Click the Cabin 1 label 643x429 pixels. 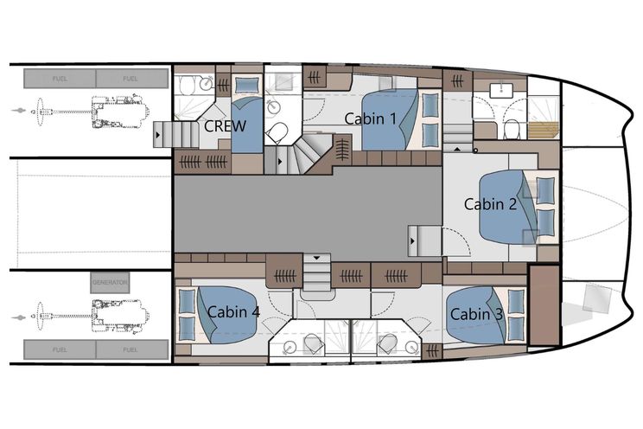click(x=370, y=118)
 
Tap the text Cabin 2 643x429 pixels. click(x=490, y=204)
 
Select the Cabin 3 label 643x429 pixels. click(x=476, y=315)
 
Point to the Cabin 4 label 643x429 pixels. click(x=233, y=312)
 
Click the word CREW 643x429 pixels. click(x=225, y=126)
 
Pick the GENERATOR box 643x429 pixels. click(x=110, y=283)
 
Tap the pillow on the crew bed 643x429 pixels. click(x=247, y=85)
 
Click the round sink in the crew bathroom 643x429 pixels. click(x=206, y=84)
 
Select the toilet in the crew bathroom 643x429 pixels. click(x=188, y=86)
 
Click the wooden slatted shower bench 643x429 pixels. click(x=544, y=130)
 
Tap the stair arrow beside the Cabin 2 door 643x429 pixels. click(x=412, y=241)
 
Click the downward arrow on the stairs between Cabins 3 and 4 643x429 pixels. click(x=316, y=259)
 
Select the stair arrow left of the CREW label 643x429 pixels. click(x=158, y=134)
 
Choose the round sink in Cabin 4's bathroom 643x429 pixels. click(x=290, y=347)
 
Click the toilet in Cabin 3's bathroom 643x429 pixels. click(x=387, y=344)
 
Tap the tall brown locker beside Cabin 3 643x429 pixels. click(x=544, y=305)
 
